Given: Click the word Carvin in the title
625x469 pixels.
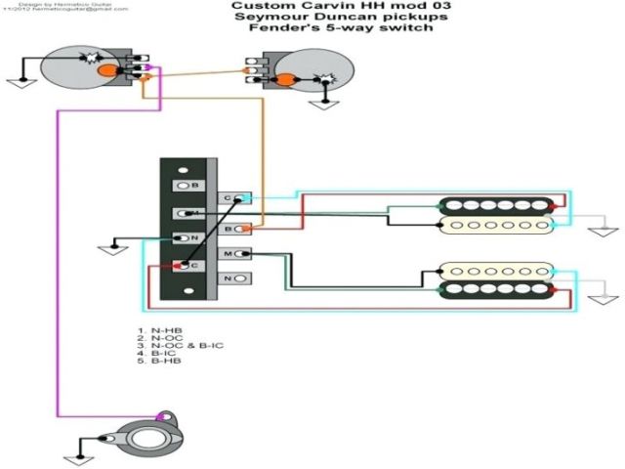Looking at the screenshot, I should coord(308,6).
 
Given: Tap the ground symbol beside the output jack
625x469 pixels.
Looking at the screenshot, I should coord(75,432).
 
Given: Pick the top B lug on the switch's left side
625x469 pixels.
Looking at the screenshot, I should coord(183,185).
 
